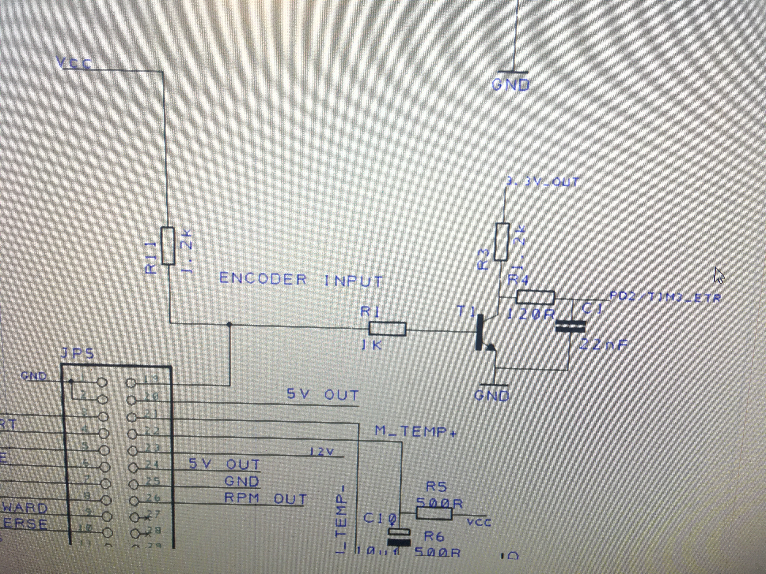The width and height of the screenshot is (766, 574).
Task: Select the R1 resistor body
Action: pyautogui.click(x=387, y=329)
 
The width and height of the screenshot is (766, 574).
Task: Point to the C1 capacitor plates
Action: pyautogui.click(x=570, y=326)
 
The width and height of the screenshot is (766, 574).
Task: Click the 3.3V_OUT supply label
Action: pyautogui.click(x=543, y=182)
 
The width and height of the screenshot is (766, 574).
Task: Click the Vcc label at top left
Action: pyautogui.click(x=74, y=63)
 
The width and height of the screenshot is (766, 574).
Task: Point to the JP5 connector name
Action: pyautogui.click(x=77, y=353)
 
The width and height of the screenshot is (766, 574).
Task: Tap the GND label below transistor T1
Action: pyautogui.click(x=492, y=395)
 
